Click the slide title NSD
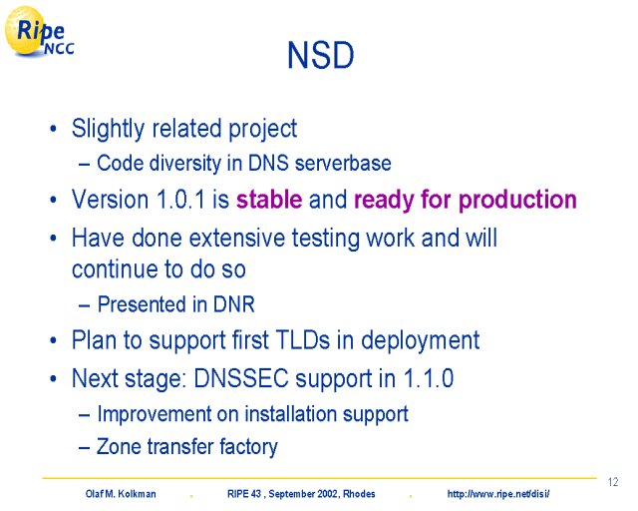(x=321, y=56)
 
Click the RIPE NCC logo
(x=40, y=31)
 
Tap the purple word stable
(x=269, y=200)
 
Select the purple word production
(x=517, y=201)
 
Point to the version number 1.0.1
(x=180, y=200)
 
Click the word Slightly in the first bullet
(x=108, y=129)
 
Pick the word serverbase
(x=343, y=163)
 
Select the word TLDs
(x=303, y=339)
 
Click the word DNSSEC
(x=241, y=378)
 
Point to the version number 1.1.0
(x=428, y=378)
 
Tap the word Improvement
(x=155, y=413)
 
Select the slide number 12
(x=613, y=482)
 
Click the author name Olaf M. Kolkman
(x=121, y=494)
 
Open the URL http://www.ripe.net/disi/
(x=498, y=494)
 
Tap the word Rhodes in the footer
(x=359, y=494)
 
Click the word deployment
(x=421, y=340)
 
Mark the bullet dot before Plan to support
(x=53, y=340)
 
